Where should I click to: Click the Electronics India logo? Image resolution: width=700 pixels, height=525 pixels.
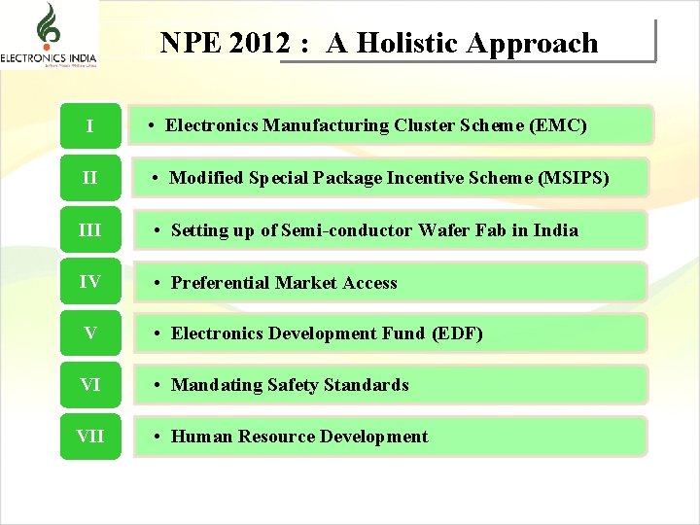(x=49, y=36)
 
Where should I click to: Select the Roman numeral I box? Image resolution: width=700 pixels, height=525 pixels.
(x=89, y=126)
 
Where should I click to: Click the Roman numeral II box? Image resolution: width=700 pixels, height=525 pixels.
(x=89, y=178)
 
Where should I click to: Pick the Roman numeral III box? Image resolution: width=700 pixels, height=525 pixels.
(x=89, y=230)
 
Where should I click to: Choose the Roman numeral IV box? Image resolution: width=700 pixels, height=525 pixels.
(x=89, y=282)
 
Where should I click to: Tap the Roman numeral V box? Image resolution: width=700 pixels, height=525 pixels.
(x=89, y=333)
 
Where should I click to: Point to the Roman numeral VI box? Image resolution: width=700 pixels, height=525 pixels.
(x=89, y=385)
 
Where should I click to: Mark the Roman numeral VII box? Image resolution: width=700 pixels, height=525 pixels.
(x=89, y=437)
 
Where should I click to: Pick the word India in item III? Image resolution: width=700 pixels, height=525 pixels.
(x=556, y=230)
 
